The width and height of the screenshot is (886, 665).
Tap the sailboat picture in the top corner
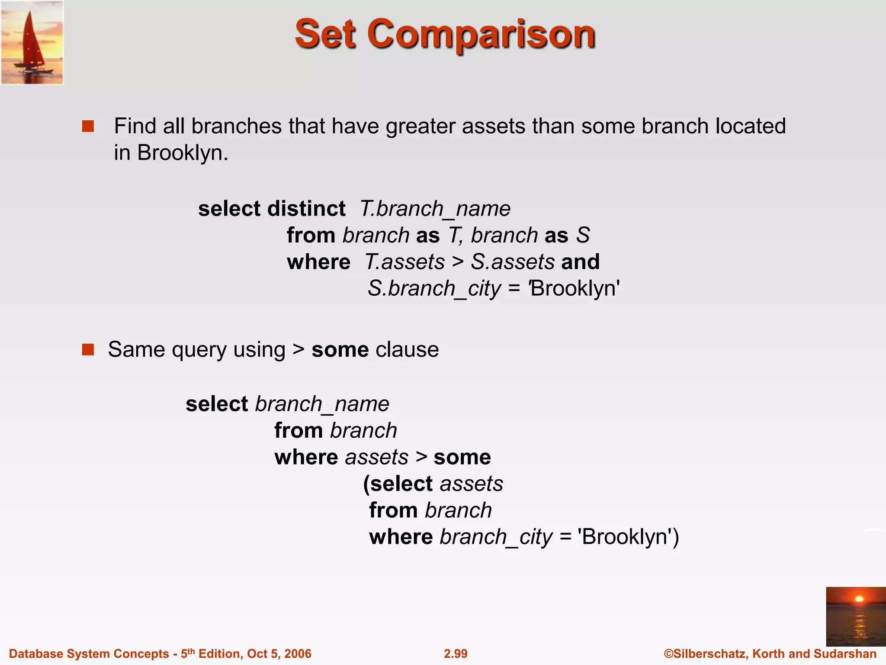click(32, 42)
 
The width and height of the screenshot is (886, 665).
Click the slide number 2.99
click(456, 653)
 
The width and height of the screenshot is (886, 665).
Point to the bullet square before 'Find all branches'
click(88, 126)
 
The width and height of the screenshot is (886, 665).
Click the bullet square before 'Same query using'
click(88, 349)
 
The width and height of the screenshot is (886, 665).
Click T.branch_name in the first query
click(435, 209)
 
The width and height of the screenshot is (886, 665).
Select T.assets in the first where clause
click(404, 262)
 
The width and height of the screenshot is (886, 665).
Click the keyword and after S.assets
click(580, 262)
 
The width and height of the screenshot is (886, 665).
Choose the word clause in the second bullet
click(407, 349)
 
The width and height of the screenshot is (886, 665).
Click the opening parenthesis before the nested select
click(366, 484)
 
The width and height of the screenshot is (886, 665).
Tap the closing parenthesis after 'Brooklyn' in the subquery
click(675, 537)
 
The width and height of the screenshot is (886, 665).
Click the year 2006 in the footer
click(298, 653)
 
